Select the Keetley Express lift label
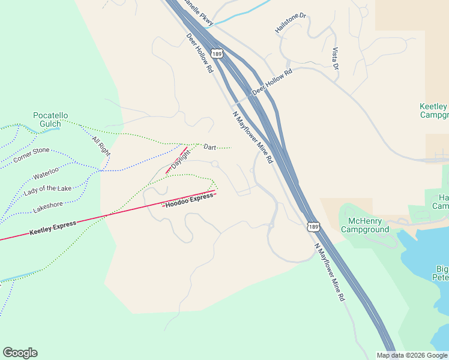(53, 227)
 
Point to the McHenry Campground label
(364, 225)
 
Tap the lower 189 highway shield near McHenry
(312, 226)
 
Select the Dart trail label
(209, 147)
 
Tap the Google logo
(20, 353)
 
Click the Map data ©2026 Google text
(412, 355)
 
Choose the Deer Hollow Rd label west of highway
(200, 53)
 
